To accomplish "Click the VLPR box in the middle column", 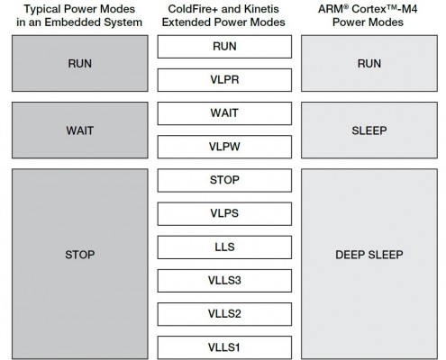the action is coord(224,80).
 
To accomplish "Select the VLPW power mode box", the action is coord(224,147).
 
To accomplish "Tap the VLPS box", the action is coord(224,213).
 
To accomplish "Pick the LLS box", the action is coord(224,247).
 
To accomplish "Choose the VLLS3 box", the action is coord(224,281).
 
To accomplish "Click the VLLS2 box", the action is coord(224,314).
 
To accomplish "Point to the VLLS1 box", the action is coord(224,347).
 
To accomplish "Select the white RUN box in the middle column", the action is coord(224,47).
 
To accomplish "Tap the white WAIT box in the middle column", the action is coord(224,113).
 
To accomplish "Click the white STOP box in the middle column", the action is coord(224,180).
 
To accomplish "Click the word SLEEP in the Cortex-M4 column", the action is coord(369,130).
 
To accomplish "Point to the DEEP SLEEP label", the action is coord(369,255).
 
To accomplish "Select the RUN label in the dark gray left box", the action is coord(80,64).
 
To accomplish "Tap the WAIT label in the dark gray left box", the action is coord(80,130).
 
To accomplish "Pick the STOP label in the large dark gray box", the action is coord(80,255).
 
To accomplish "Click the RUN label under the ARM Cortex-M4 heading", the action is coord(369,64).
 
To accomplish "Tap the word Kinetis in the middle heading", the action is coord(261,9).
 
